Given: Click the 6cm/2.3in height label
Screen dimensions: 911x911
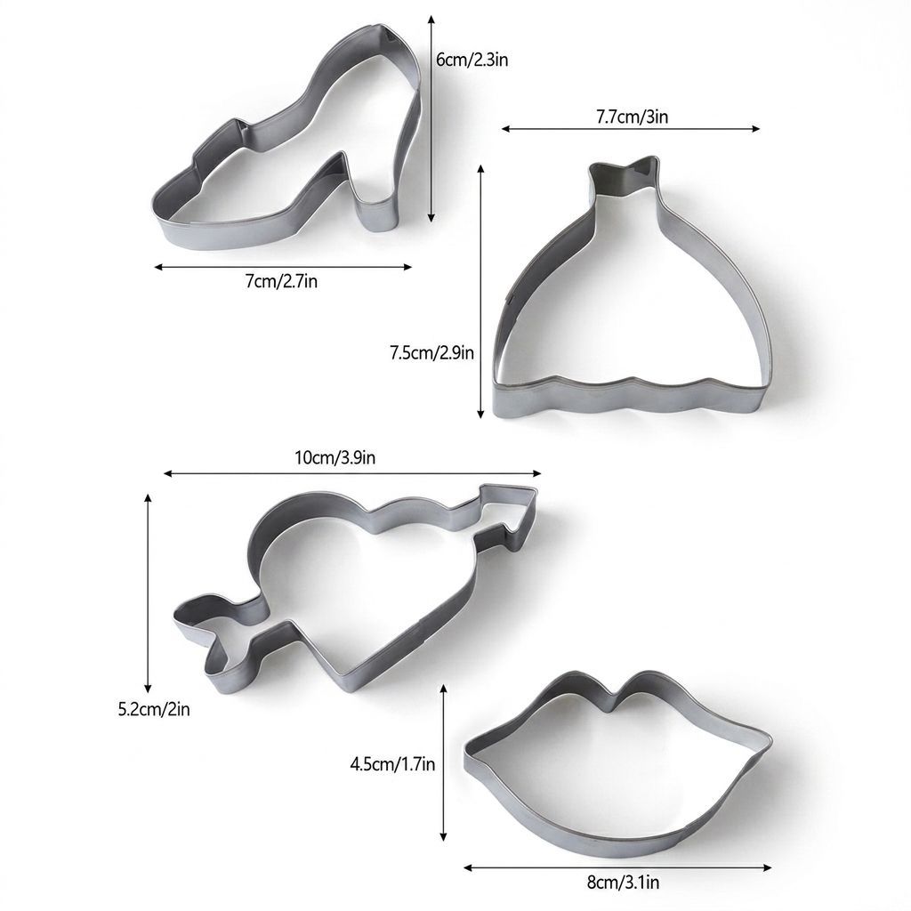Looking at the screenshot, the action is [x=472, y=60].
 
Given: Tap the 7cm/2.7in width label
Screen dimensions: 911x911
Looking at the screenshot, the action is [x=282, y=282].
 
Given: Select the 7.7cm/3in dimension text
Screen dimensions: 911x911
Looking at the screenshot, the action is [x=633, y=117].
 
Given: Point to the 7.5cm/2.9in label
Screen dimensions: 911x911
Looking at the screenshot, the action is [x=431, y=352].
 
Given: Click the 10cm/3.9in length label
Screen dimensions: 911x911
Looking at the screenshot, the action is [x=335, y=458].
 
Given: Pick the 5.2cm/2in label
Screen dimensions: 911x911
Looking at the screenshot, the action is [x=154, y=709].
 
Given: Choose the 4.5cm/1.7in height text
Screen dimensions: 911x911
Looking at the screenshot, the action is [x=392, y=763].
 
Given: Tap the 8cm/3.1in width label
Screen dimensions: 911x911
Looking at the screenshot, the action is [x=623, y=883].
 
